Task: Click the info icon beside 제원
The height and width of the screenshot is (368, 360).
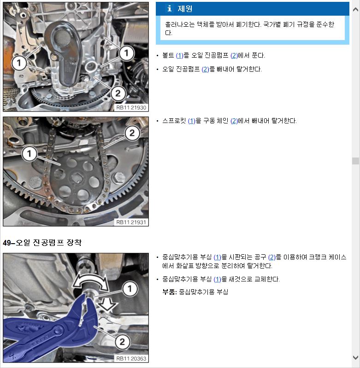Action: (169, 8)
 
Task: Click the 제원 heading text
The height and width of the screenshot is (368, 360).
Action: (185, 9)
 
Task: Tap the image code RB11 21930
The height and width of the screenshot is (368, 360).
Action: (131, 107)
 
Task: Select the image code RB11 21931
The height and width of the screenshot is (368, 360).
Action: (131, 222)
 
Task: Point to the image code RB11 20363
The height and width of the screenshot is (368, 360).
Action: (131, 358)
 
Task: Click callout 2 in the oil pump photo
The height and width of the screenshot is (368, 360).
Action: (118, 93)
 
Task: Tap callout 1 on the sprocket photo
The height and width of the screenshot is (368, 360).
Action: (29, 154)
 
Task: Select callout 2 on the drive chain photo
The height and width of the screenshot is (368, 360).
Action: (132, 133)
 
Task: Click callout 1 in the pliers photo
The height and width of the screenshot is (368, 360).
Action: (130, 288)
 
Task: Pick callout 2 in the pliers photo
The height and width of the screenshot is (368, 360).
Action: (122, 342)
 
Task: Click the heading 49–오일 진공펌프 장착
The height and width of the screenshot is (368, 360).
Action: (42, 242)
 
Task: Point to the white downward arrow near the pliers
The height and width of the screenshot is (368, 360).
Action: (107, 304)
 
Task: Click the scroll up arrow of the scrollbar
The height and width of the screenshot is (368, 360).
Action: (355, 9)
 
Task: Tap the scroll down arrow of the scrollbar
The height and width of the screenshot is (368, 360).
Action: (355, 357)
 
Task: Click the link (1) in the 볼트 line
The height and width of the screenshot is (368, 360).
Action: (179, 56)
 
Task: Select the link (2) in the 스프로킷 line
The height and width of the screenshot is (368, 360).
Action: (234, 121)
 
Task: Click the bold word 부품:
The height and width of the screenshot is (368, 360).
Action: (170, 292)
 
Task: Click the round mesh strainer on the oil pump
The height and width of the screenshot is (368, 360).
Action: (62, 37)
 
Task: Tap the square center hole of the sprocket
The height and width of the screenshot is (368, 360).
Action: (77, 178)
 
